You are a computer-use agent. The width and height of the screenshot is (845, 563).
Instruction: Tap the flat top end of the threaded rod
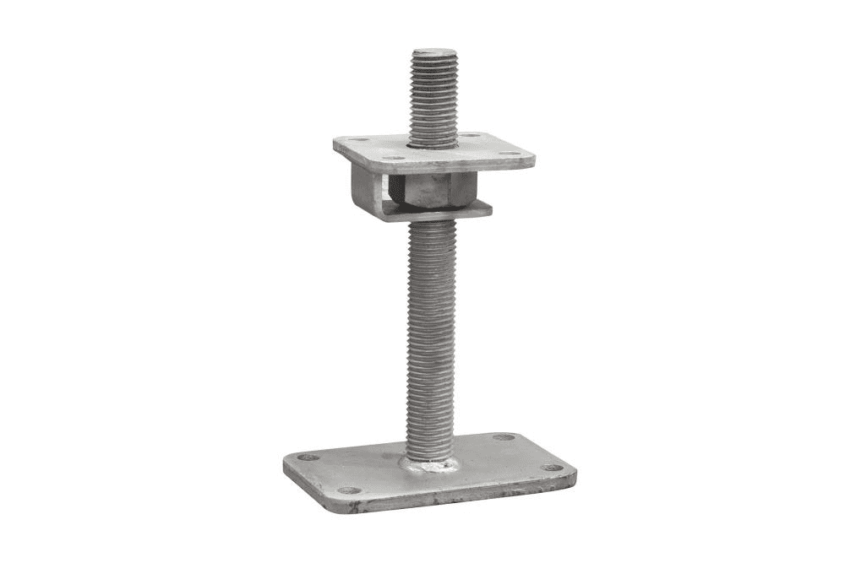pyautogui.click(x=433, y=53)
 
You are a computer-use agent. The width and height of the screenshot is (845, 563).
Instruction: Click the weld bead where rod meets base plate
pyautogui.click(x=430, y=464)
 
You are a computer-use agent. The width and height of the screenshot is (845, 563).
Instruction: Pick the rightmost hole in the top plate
pyautogui.click(x=509, y=154)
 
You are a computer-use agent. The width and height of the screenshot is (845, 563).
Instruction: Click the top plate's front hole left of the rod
pyautogui.click(x=394, y=157)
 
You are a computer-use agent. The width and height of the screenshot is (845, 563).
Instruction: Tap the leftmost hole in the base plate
pyautogui.click(x=308, y=457)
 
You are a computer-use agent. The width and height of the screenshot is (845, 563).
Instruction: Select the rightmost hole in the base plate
pyautogui.click(x=552, y=467)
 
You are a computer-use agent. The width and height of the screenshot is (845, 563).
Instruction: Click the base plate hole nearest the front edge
pyautogui.click(x=348, y=490)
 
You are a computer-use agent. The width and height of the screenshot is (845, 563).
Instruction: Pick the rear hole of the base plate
pyautogui.click(x=504, y=437)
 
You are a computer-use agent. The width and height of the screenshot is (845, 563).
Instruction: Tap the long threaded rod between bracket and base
pyautogui.click(x=430, y=338)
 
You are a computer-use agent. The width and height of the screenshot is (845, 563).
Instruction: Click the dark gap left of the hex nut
pyautogui.click(x=392, y=190)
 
